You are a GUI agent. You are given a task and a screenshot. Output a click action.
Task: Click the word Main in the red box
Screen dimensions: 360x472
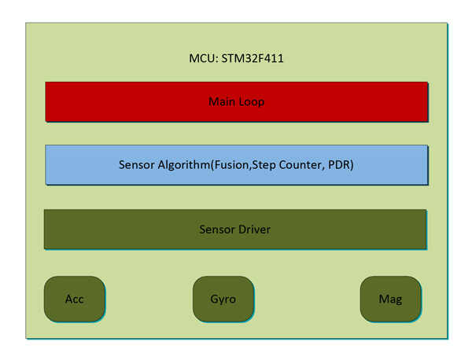tap(223, 101)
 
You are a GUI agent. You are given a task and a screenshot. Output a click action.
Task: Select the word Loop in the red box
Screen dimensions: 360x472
tap(252, 101)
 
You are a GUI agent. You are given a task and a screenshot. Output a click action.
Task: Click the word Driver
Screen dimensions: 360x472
tap(254, 230)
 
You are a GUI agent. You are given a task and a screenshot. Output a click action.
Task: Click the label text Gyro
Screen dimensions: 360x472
tap(223, 299)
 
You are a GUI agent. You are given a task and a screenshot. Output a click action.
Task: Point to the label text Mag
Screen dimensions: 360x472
tap(391, 299)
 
